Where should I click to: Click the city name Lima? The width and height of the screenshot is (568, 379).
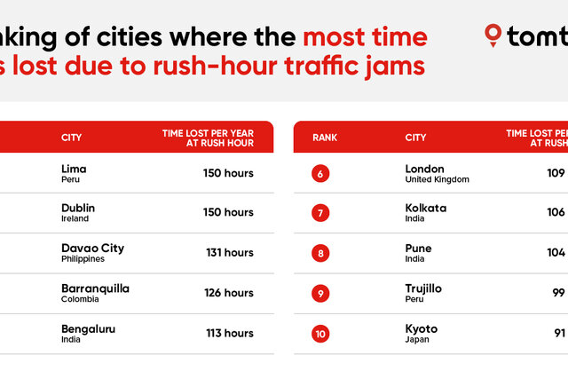click(74, 169)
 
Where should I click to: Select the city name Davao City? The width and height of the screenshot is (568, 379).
click(92, 249)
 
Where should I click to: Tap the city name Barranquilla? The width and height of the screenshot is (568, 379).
click(95, 288)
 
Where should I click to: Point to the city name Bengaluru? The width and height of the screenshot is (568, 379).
click(88, 328)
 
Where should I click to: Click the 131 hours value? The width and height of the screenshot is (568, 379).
click(230, 253)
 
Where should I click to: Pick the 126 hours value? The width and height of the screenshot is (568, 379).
click(229, 293)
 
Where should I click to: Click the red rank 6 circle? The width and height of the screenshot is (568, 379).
click(320, 174)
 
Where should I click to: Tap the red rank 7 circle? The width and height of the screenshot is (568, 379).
click(320, 213)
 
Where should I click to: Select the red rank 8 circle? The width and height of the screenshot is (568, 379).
click(320, 253)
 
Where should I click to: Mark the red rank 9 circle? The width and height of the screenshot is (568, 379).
click(320, 293)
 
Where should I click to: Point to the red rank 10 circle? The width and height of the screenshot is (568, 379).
click(320, 334)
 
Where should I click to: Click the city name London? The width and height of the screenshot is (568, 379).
click(424, 169)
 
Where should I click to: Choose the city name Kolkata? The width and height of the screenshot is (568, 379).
click(426, 209)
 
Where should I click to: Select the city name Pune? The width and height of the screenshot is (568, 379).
click(418, 249)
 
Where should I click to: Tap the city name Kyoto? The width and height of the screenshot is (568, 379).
click(421, 328)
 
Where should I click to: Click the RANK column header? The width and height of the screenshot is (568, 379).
click(325, 138)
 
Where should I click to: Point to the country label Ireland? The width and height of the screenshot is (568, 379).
click(74, 219)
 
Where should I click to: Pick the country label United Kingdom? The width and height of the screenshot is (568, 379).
click(437, 179)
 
